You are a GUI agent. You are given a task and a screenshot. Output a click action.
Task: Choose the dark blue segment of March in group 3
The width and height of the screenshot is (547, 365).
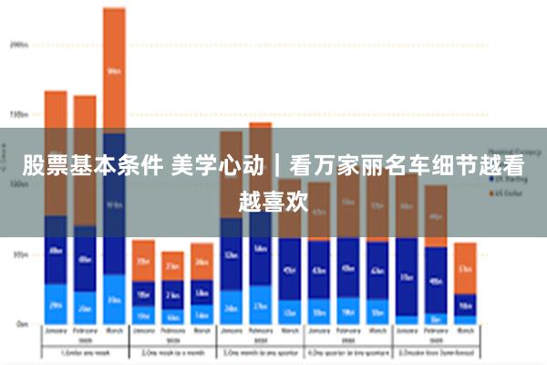[290, 269]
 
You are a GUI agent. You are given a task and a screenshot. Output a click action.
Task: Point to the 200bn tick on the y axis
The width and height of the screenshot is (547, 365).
[19, 43]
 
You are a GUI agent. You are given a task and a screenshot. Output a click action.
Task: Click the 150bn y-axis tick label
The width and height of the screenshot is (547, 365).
[19, 115]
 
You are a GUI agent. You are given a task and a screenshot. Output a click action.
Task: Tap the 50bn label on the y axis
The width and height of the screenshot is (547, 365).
[19, 255]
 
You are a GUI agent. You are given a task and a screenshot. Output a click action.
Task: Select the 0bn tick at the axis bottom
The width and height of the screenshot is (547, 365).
[21, 324]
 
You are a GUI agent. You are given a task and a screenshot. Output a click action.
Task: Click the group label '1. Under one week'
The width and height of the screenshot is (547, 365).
[85, 352]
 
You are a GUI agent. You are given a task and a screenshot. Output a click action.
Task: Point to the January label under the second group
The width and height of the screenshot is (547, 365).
[143, 332]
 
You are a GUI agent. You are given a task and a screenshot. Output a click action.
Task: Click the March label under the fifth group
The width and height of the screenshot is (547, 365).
[465, 332]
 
